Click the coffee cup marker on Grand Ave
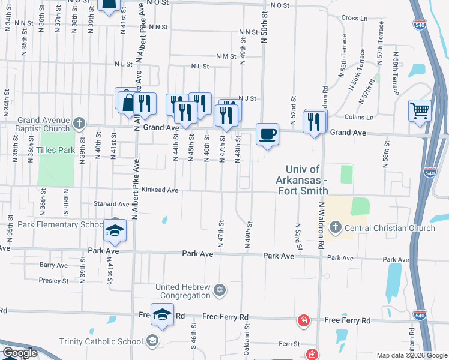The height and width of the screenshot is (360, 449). coord(267,133)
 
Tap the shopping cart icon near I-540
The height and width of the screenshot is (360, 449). coord(420,110)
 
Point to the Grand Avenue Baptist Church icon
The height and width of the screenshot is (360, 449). coord(79,124)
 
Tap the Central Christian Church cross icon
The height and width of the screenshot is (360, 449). coord(335,227)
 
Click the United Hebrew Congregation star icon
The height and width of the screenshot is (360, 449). coord(220,290)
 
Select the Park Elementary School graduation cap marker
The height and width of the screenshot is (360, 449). coord(113,229)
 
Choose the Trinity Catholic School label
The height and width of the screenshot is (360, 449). coord(101,341)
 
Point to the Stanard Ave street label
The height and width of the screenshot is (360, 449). coord(112,204)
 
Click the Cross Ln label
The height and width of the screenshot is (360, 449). coord(354,18)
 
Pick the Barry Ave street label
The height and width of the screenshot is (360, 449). coord(53,265)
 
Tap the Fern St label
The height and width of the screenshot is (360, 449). coord(288,344)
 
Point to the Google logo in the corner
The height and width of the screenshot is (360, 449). coord(20,353)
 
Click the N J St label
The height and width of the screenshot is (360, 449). coord(247,98)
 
